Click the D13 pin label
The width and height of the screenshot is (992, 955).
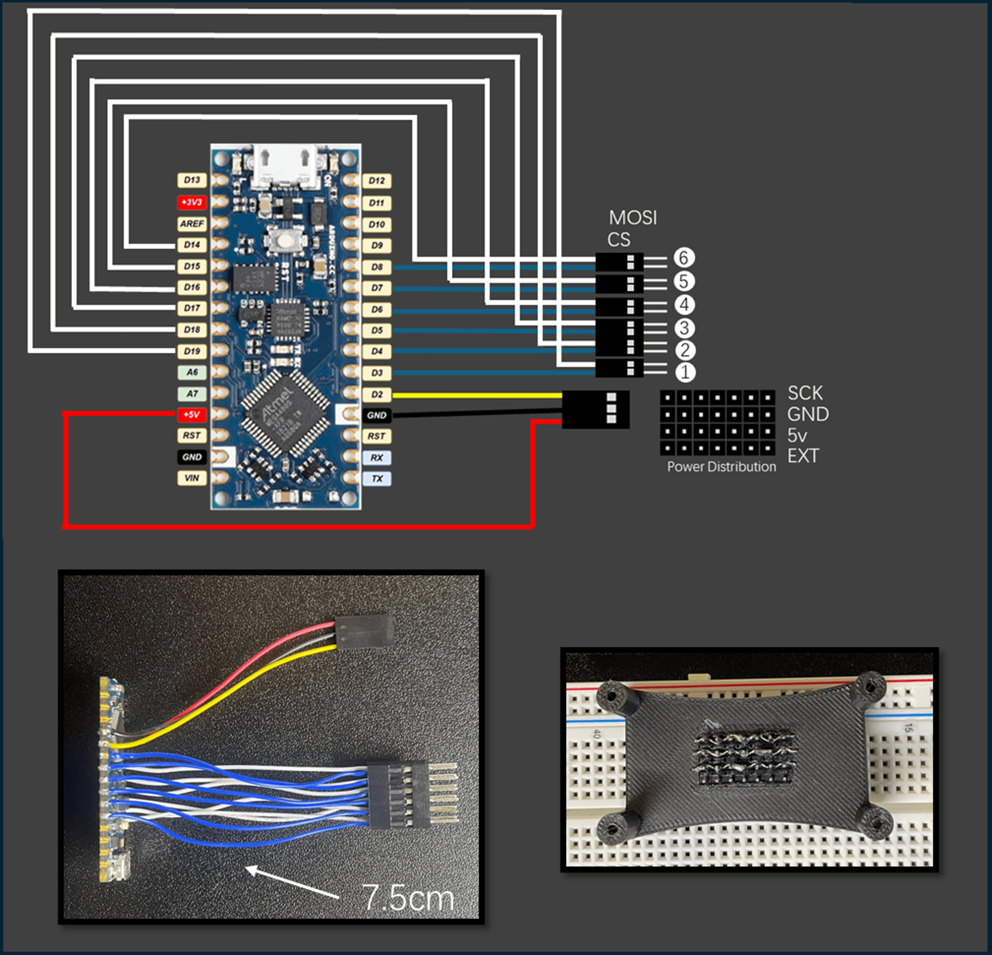tap(192, 180)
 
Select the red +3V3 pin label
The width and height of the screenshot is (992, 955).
tap(192, 202)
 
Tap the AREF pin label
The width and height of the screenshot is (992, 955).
tap(192, 224)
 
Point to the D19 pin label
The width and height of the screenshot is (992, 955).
tap(192, 351)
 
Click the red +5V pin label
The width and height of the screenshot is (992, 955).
tap(192, 414)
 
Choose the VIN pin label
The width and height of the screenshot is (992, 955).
tap(192, 478)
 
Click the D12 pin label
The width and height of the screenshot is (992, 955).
tap(377, 180)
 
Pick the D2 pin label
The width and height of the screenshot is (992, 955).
tap(377, 394)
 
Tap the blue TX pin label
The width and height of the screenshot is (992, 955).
tap(377, 478)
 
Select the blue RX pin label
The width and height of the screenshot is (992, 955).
tap(377, 458)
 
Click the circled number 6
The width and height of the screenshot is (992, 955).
tap(684, 258)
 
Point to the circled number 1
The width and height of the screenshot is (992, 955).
tap(684, 372)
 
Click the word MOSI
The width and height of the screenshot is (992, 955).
tap(632, 218)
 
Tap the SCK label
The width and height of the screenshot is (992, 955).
tap(805, 393)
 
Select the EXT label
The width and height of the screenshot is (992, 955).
tap(803, 456)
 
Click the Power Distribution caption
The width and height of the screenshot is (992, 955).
tap(722, 467)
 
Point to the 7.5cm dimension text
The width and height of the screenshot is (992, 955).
tap(408, 898)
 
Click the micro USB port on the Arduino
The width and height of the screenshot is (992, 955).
tap(286, 164)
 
